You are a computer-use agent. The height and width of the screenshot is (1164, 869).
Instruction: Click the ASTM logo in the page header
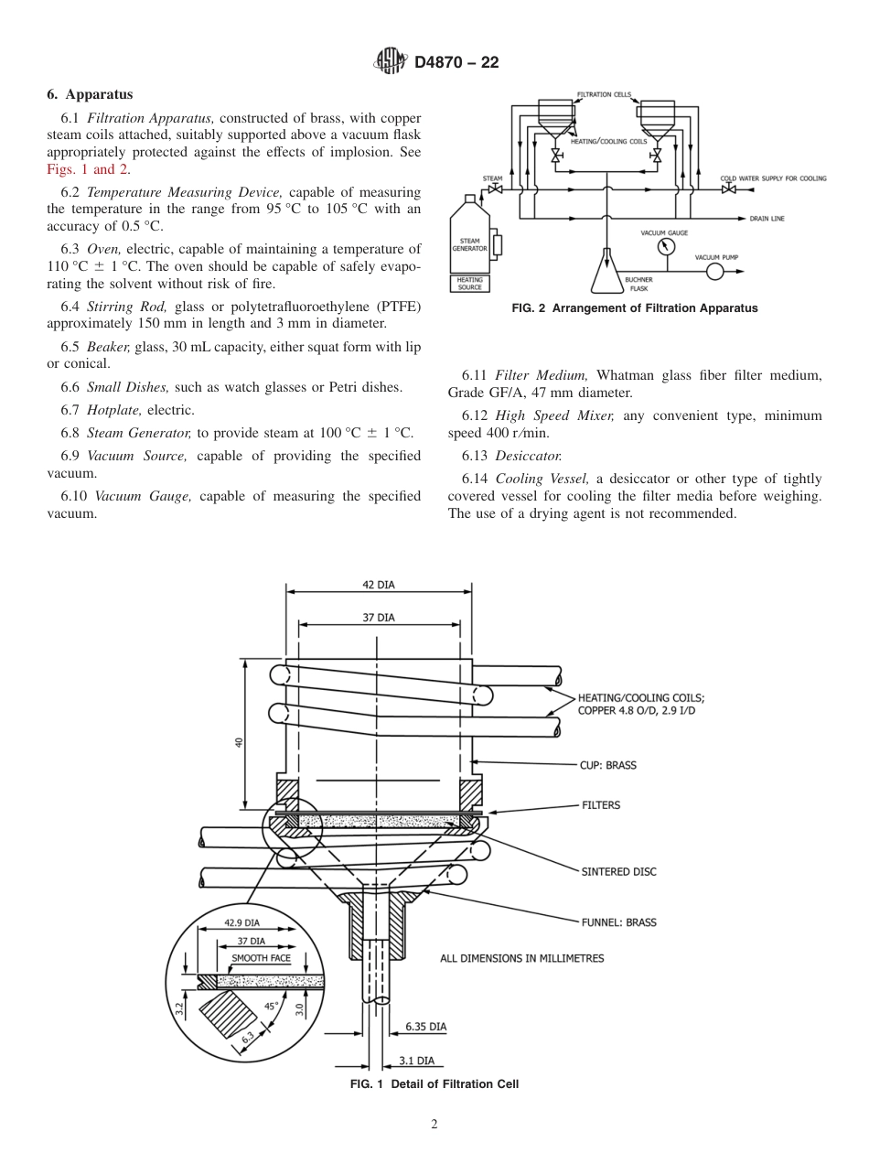tap(391, 62)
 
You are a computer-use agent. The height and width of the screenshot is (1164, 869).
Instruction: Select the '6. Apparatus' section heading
tap(90, 94)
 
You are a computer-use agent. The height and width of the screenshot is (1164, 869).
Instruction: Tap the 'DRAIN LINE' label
tap(767, 219)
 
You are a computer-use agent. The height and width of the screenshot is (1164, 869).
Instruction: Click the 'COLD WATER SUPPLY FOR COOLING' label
tap(774, 178)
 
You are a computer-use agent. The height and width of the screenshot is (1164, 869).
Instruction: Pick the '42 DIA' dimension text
tap(379, 584)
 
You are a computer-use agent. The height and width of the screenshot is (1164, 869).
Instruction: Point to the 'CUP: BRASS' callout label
tap(607, 765)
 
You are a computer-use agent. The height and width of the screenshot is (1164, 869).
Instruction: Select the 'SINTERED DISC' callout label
tap(618, 872)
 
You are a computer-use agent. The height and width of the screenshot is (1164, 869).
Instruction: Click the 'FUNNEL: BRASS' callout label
tap(618, 922)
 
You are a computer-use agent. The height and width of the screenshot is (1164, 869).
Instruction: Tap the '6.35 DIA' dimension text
tap(425, 1027)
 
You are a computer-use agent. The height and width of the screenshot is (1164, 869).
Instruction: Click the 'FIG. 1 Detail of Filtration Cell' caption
tap(434, 1084)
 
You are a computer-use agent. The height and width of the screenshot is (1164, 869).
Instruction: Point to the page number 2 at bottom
tap(434, 1125)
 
